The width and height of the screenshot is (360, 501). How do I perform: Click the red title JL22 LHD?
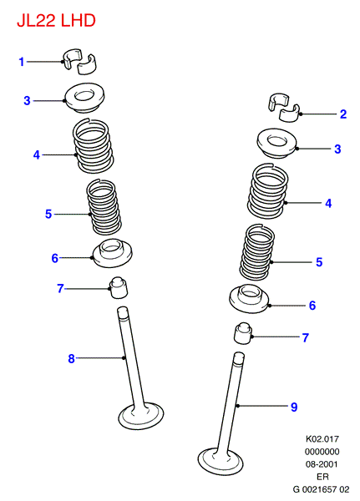point(56,21)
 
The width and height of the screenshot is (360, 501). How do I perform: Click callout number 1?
point(22,62)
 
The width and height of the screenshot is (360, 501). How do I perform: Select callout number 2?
point(343,114)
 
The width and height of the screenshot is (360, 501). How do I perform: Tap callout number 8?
point(71,358)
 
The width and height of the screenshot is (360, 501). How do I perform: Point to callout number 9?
point(294,407)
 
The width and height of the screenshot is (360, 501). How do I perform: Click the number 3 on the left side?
point(28,101)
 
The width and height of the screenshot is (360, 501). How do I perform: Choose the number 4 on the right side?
point(328,203)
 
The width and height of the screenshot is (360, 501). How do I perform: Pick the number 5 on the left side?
point(48,214)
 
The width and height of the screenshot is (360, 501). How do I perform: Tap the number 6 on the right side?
point(312,306)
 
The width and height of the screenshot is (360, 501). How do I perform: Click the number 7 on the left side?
point(60,288)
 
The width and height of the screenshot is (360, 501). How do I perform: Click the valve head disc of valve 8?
point(140,417)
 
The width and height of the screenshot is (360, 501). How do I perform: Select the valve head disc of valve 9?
point(221,462)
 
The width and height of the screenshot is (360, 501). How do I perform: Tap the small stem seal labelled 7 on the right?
point(244,333)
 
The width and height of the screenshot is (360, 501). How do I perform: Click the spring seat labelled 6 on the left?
point(113,253)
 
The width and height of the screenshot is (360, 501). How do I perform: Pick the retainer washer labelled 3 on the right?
point(277,143)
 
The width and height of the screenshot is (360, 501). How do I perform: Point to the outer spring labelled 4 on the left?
point(93,146)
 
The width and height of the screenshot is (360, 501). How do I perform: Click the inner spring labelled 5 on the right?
point(257,252)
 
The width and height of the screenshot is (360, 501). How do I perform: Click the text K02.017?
point(322,438)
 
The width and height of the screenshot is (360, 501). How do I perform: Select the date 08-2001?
point(322,464)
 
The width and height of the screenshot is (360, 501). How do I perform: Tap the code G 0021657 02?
point(322,489)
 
